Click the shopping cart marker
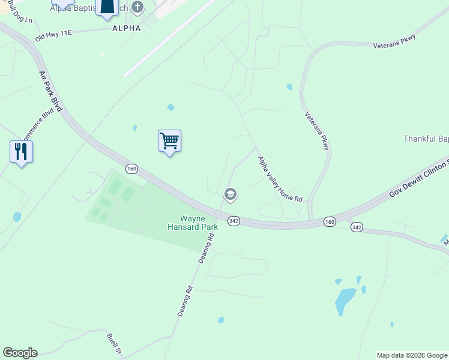tap(170, 142)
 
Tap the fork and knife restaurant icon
tap(22, 152)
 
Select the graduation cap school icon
tap(229, 194)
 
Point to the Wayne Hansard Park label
tap(193, 223)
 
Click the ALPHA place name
tap(122, 28)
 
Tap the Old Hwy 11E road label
tap(53, 35)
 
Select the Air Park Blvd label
tap(50, 91)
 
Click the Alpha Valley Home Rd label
tap(279, 179)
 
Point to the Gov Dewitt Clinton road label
tap(418, 178)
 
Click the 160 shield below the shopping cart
tap(132, 169)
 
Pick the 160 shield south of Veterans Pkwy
tap(330, 221)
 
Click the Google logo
tap(20, 353)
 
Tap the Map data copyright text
tap(412, 355)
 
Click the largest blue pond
tap(345, 301)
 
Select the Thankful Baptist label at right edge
tap(426, 139)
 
